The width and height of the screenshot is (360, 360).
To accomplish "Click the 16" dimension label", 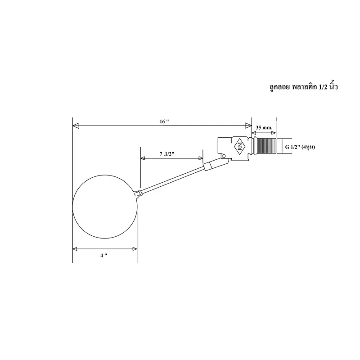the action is (164, 121).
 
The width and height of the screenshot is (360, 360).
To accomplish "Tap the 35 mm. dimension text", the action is (264, 128).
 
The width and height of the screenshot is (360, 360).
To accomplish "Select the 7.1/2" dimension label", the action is (167, 154).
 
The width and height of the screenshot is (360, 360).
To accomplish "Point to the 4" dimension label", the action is (104, 255).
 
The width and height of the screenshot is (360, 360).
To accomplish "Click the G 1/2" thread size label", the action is (300, 147).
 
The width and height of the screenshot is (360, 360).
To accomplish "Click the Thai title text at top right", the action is (303, 87).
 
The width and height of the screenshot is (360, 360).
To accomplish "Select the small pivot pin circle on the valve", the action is (224, 156).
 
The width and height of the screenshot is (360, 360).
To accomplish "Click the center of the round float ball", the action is (105, 207).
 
